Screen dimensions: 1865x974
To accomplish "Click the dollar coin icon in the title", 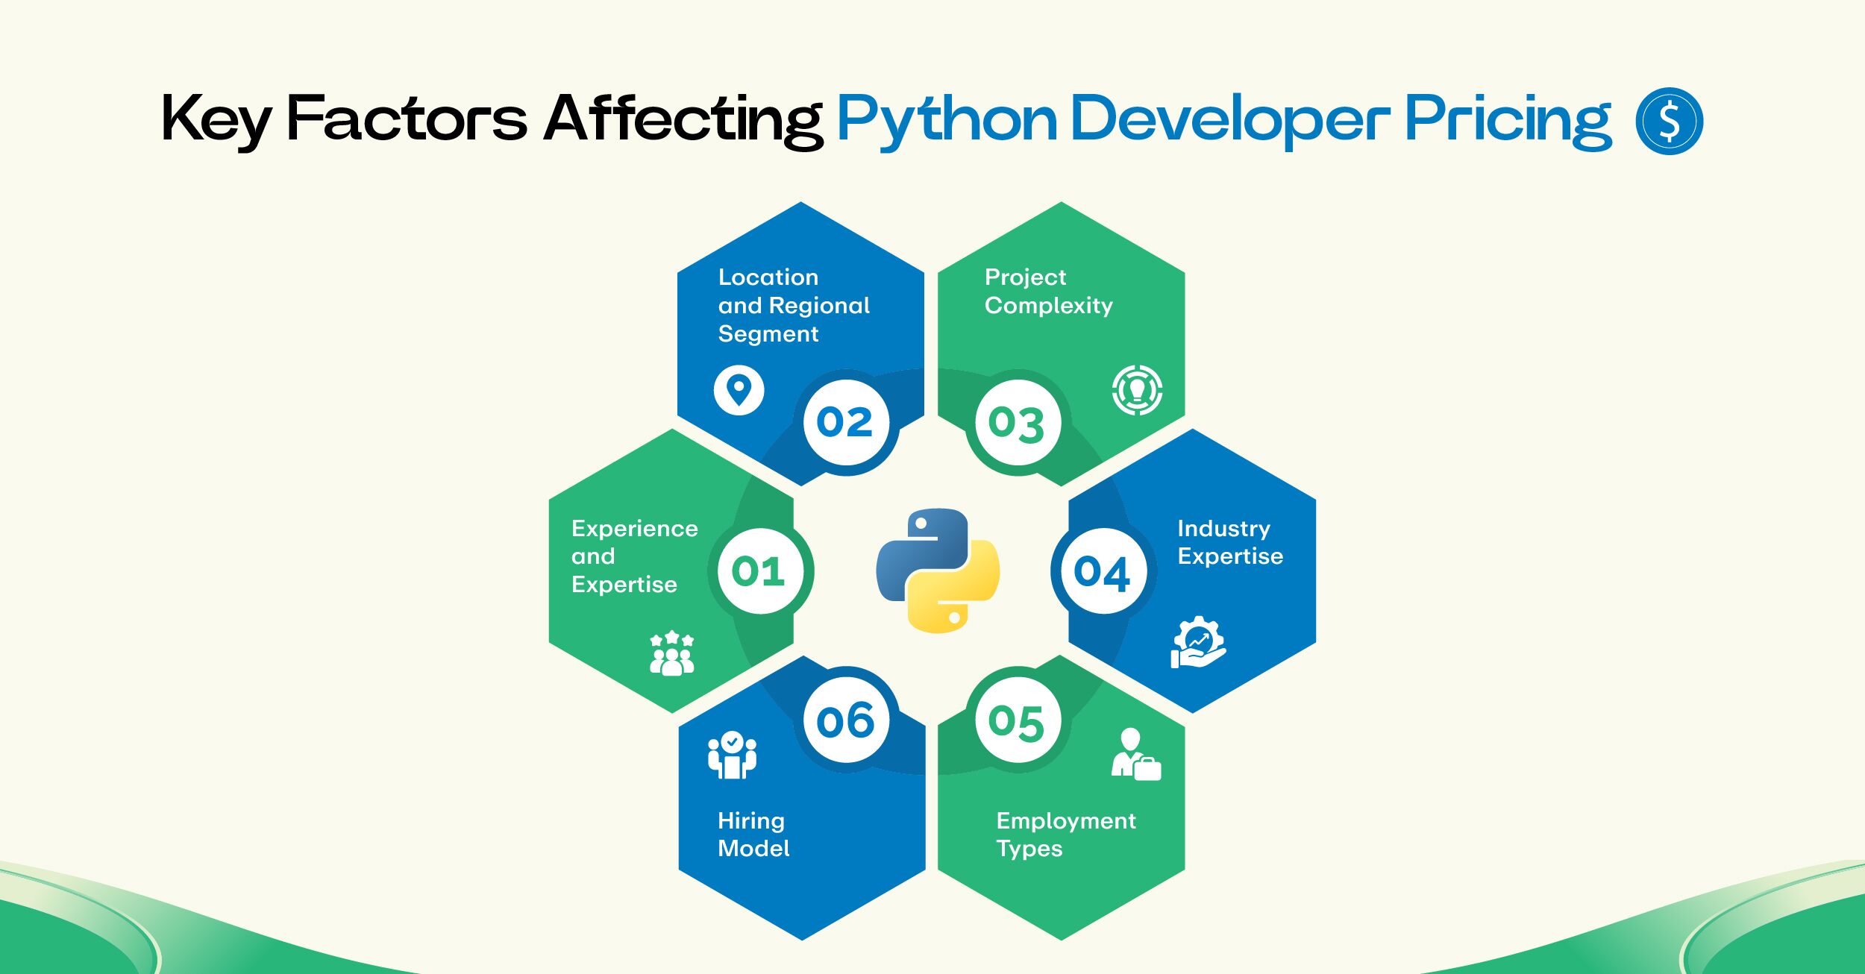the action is pos(1669,121).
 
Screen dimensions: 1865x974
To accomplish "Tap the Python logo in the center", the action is pos(938,571).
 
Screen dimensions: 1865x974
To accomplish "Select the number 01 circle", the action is pos(760,571).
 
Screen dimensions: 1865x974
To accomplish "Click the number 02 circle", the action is pos(846,422).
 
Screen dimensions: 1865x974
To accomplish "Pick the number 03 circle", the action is pos(1018,423).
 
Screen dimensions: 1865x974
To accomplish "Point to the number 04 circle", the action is pos(1103,571).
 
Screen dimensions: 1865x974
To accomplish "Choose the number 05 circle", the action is pos(1018,720).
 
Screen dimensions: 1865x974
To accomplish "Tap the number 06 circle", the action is pos(846,720).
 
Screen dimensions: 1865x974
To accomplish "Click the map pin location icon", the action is pos(739,390).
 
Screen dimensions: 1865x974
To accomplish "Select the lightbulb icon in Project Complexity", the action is pos(1137,390).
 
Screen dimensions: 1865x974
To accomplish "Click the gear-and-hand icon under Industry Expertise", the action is pos(1198,642).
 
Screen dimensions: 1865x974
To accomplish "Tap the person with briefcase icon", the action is pos(1136,754).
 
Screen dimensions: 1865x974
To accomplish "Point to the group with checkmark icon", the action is pos(732,755).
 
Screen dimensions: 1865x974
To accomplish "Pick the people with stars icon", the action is pos(672,653).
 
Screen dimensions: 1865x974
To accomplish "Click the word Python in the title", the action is pos(947,120).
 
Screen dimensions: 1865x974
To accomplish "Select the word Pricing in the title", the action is pos(1508,120).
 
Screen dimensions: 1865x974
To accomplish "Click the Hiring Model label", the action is pos(753,835).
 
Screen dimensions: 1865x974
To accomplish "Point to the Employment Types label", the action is pos(1066,835).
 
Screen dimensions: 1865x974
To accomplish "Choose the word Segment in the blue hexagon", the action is pos(768,334).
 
